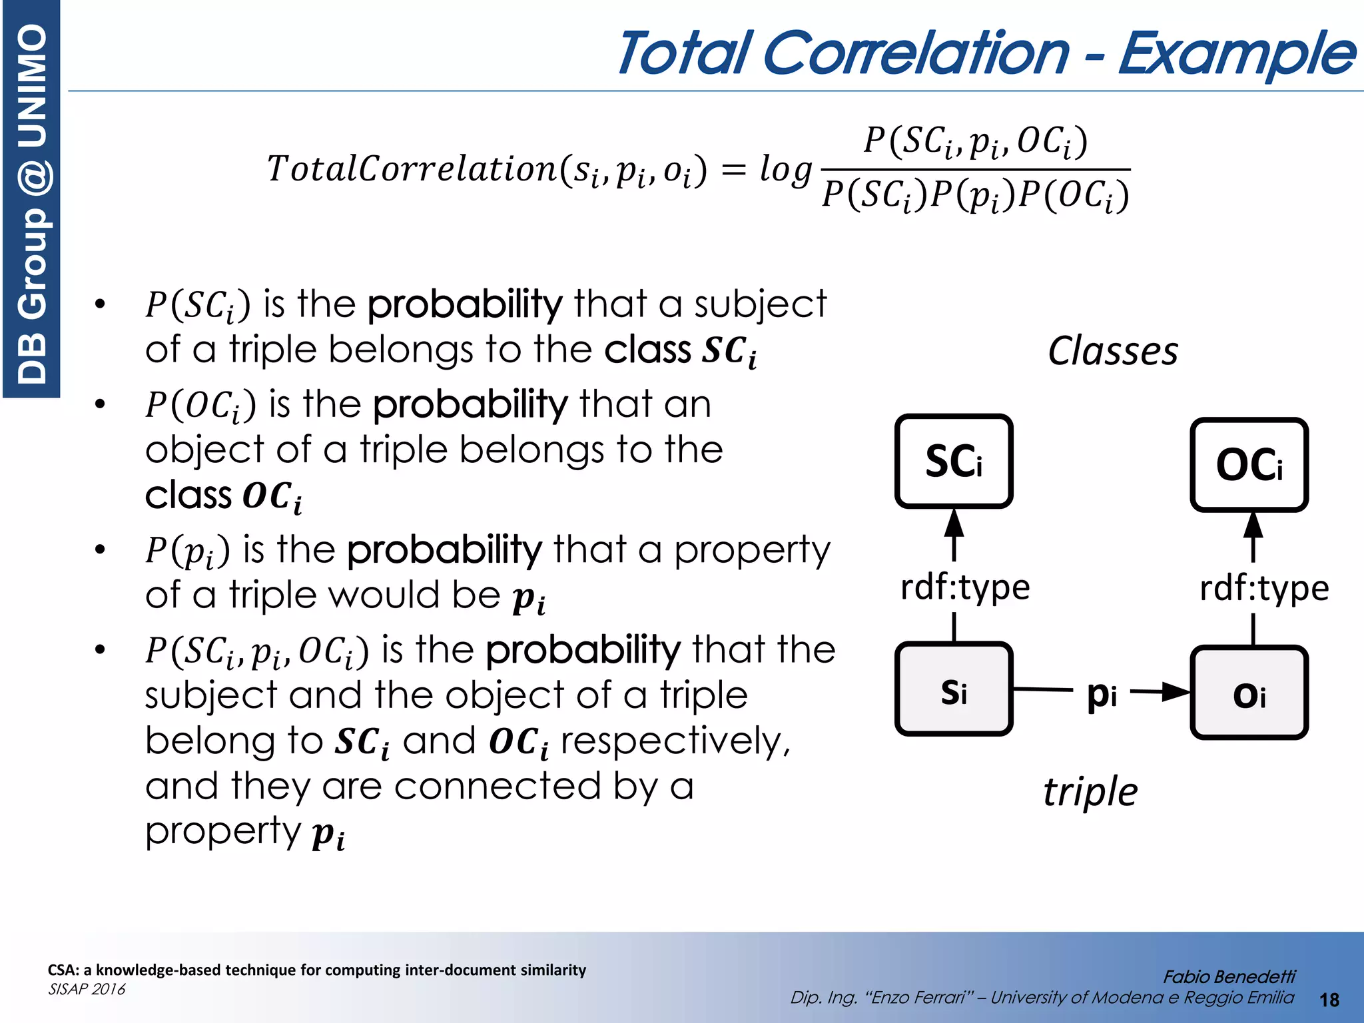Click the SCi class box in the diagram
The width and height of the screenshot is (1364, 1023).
pos(953,461)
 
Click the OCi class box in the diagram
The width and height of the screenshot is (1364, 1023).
pos(1249,464)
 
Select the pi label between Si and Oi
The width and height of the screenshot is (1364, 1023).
pos(1102,695)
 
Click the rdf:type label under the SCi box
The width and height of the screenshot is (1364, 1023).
pos(964,587)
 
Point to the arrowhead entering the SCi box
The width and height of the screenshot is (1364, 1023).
pos(954,523)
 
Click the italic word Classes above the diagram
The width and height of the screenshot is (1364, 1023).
pos(1112,351)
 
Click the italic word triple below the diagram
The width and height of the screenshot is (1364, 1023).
pos(1090,792)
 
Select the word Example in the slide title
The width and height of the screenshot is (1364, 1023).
pos(1236,53)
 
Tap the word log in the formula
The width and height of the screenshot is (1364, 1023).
pos(785,169)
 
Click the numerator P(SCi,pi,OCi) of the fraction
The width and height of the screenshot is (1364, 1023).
pos(975,141)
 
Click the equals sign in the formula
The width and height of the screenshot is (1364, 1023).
pos(733,170)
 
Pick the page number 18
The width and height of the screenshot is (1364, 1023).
pos(1329,1000)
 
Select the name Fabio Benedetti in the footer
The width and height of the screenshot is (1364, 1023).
pos(1229,976)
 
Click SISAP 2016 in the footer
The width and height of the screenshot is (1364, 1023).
pos(87,989)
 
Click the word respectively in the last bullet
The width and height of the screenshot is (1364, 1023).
pos(674,741)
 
